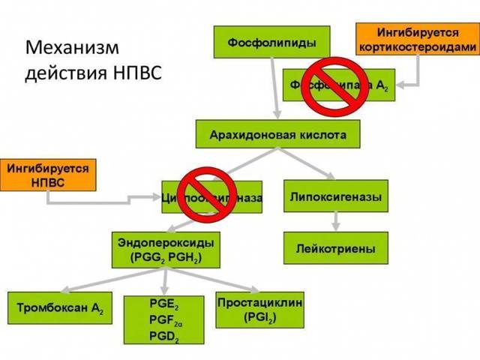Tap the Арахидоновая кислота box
coord(277,134)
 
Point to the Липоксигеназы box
coord(335,197)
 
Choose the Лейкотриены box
coord(335,248)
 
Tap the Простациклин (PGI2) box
coord(260,310)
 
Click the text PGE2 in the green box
coord(164,305)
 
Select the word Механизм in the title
coord(72,48)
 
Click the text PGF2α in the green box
coord(164,319)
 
